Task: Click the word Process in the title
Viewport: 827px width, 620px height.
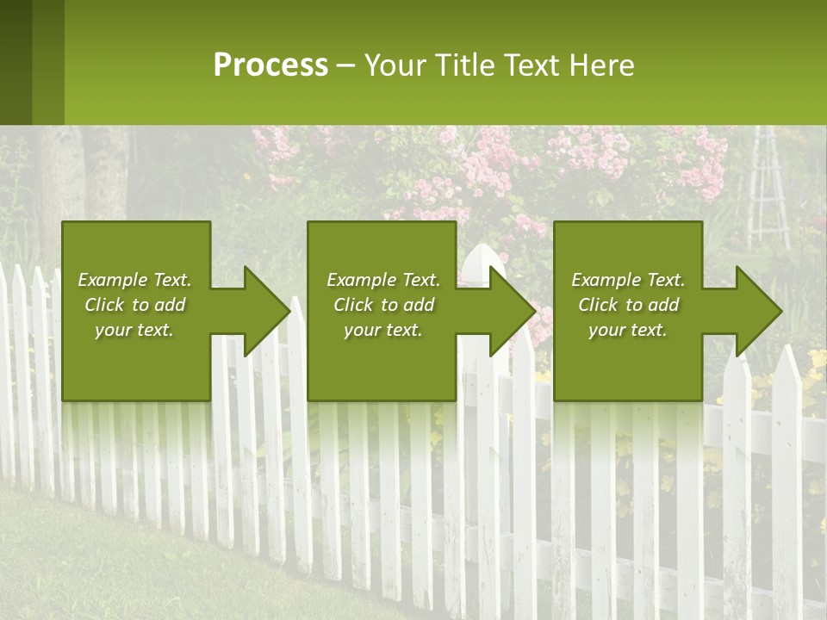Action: (270, 65)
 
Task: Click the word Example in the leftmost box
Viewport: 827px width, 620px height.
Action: (113, 280)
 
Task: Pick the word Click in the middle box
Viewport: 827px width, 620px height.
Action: (353, 305)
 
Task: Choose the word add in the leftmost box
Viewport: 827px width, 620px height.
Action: (170, 305)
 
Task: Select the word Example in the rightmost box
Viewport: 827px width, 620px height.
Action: (606, 280)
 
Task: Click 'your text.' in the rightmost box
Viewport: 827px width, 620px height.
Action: (628, 330)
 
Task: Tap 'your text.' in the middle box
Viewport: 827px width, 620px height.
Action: (382, 330)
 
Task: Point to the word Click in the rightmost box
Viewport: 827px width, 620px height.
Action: (598, 305)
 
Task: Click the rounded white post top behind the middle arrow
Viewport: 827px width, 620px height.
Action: (480, 257)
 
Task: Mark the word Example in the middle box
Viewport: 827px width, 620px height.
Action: (361, 280)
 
